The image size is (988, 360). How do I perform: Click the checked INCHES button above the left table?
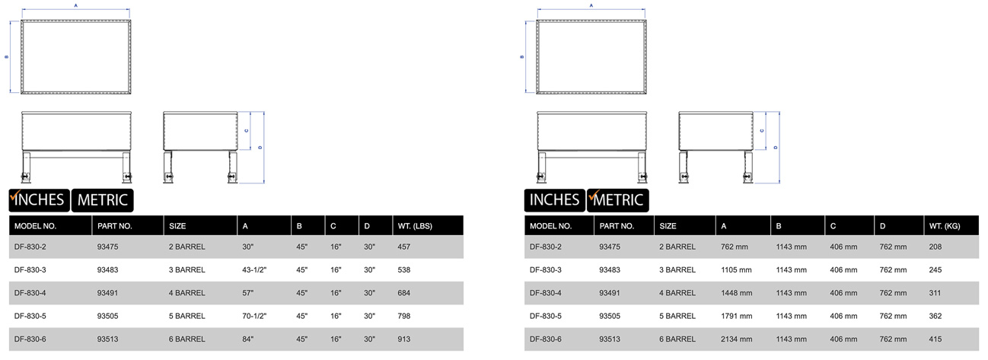point(40,200)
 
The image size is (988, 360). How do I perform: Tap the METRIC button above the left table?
point(102,200)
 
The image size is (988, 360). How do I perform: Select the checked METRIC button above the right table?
point(617,200)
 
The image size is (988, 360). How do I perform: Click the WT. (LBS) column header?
point(415,226)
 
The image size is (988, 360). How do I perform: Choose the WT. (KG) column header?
point(945,226)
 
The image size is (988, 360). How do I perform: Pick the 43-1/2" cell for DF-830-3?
point(254,270)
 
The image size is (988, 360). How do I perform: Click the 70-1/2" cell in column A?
point(254,317)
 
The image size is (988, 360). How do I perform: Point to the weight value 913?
point(404,339)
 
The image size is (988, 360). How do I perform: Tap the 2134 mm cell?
point(737,339)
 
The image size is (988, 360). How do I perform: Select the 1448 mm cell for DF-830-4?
point(737,293)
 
